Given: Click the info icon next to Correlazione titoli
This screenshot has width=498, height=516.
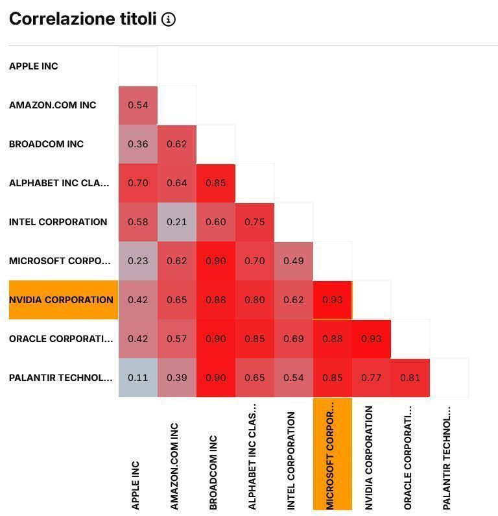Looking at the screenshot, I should tap(169, 19).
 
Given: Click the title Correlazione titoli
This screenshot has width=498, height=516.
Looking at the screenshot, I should tap(83, 19).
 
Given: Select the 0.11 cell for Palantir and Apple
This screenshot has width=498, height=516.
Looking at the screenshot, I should tap(138, 378).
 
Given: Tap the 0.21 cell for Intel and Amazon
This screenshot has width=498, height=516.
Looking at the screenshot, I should tap(177, 222).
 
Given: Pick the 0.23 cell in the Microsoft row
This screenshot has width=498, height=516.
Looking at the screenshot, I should tap(138, 261).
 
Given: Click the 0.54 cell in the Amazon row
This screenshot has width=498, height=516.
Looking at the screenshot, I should tap(138, 105).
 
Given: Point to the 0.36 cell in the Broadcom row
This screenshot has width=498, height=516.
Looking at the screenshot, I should tap(138, 144).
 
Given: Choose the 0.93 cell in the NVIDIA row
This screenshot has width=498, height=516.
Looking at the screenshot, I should tap(333, 300).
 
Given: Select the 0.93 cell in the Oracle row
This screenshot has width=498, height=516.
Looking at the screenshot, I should tap(372, 339).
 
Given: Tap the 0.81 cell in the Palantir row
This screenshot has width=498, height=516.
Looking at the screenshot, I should tap(410, 378).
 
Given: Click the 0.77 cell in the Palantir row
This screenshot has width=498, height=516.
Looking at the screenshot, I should tap(372, 378).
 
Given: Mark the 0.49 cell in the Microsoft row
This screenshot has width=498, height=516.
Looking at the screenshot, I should tap(294, 261).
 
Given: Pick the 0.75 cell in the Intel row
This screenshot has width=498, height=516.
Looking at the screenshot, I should tap(255, 222).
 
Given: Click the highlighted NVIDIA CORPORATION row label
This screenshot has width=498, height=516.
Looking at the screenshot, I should tap(62, 300).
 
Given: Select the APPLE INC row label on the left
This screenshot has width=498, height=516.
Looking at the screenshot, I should tap(34, 66).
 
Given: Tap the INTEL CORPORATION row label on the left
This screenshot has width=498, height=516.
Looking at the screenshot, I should tap(58, 222).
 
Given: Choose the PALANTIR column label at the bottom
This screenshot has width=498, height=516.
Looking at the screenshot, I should tap(447, 458).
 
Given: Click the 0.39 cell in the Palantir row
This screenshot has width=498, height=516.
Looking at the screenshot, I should tap(177, 378).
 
